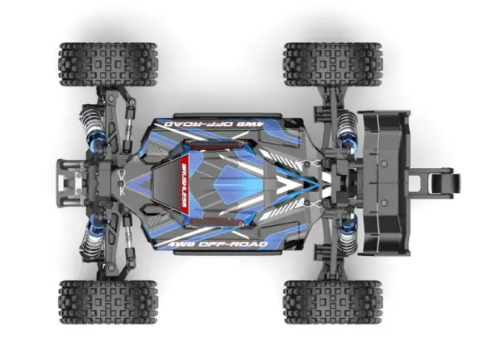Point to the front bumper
click(66, 182)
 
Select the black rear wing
click(384, 182)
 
